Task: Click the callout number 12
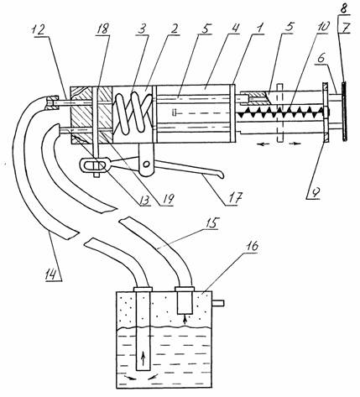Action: coord(39,29)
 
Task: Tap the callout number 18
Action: coord(102,29)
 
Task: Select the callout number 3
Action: coord(143,29)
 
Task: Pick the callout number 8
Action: coord(343,9)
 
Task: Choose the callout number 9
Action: coord(316,192)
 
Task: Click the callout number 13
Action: coord(144,199)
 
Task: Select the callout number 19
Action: coord(167,199)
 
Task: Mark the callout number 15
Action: coord(212,224)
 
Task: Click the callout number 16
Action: coord(252,247)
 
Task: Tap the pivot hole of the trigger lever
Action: coord(145,164)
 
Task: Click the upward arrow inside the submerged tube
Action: coord(143,358)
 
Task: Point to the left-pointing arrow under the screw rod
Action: coord(263,144)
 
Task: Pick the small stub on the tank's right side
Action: coord(218,303)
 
